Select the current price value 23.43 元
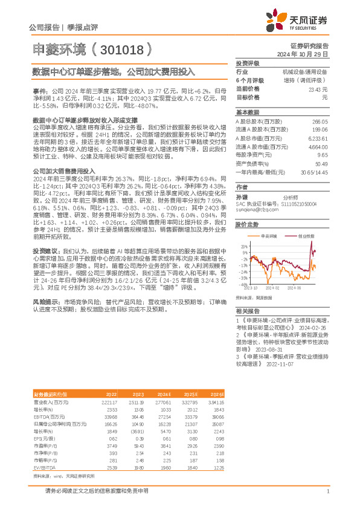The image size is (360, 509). tap(317, 89)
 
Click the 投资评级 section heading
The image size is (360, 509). tap(248, 63)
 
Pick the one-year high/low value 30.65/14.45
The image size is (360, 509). tap(314, 172)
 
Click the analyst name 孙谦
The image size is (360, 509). tap(241, 198)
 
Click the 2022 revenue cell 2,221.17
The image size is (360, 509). tap(109, 401)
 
